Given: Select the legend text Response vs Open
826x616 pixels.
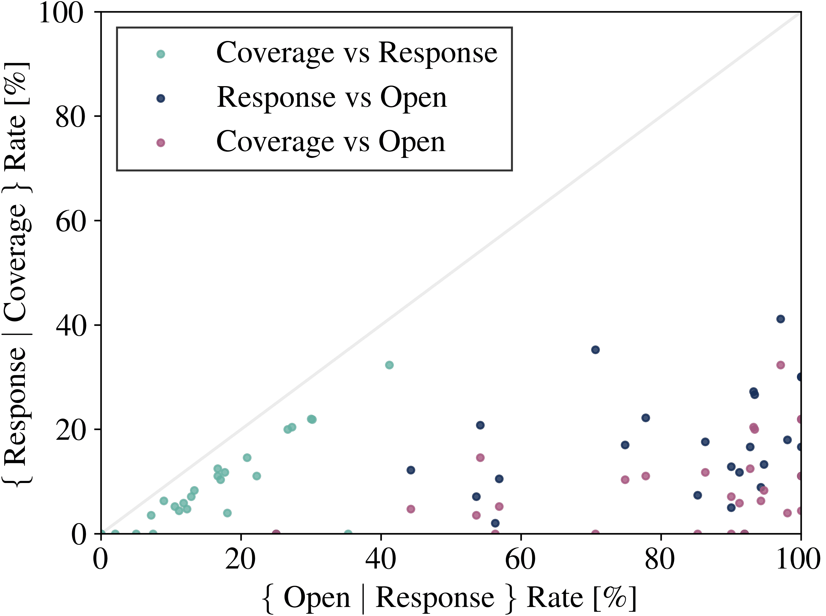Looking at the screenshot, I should pos(331,98).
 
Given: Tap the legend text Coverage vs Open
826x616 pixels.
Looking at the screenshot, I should pos(331,142).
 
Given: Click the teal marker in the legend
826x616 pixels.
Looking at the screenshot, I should pos(161,54).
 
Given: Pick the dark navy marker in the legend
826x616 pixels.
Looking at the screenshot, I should pos(161,99).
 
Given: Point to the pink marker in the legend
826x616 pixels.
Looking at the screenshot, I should pos(161,143).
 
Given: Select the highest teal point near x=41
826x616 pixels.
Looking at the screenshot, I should pos(389,365).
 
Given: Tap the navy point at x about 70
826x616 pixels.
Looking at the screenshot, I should pos(595,350).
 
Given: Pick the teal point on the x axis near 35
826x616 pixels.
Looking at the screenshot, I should pos(348,534).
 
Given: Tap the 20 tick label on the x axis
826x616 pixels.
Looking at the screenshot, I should pos(241,559).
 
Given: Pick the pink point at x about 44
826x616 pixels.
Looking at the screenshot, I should pos(411,509).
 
